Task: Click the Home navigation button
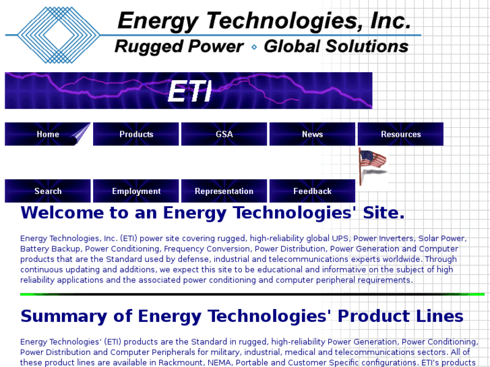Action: [47, 134]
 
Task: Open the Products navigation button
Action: [136, 134]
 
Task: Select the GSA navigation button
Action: [224, 134]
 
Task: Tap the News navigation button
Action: [312, 134]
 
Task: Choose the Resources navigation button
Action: [400, 134]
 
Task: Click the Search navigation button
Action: [47, 191]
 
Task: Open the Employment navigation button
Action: [136, 191]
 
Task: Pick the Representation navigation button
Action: [224, 191]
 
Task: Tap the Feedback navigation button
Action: [312, 191]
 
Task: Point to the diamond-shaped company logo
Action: [57, 34]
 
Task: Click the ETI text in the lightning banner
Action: [189, 92]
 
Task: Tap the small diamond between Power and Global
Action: [254, 47]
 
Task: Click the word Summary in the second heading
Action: [63, 316]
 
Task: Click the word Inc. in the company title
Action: [390, 21]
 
